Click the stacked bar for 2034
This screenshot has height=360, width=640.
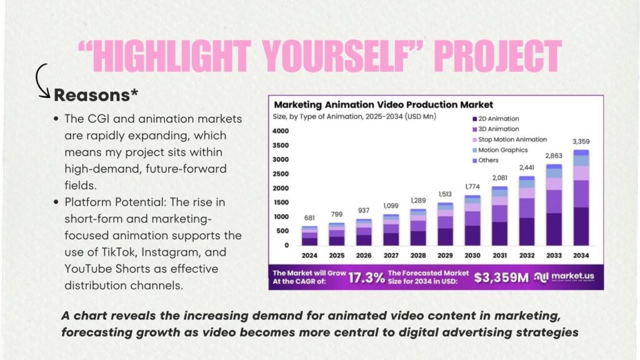click(x=581, y=197)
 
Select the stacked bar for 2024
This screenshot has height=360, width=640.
click(x=309, y=236)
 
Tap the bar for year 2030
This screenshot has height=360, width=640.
click(x=472, y=221)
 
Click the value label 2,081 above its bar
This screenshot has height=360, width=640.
click(x=499, y=178)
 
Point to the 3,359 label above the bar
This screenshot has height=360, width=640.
click(x=581, y=142)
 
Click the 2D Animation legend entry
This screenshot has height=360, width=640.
click(x=496, y=119)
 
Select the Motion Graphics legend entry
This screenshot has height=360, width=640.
click(x=500, y=150)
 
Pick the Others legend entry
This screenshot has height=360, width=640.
click(x=485, y=161)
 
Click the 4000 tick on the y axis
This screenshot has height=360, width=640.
click(x=281, y=131)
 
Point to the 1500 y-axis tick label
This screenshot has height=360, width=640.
click(x=281, y=202)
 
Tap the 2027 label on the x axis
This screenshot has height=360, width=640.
click(x=391, y=256)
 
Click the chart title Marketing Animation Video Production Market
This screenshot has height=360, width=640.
click(x=383, y=104)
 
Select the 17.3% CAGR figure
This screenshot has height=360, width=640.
click(x=366, y=278)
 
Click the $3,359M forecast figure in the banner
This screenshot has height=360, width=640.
click(x=501, y=277)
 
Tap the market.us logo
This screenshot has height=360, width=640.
click(x=564, y=277)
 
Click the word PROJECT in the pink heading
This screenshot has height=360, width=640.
click(x=498, y=56)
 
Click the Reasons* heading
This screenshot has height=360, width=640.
click(x=96, y=95)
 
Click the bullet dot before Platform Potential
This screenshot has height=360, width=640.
click(x=56, y=202)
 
